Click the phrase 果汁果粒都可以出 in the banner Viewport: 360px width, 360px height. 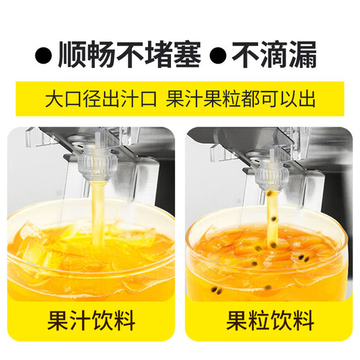240,98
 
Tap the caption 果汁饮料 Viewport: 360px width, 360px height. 91,321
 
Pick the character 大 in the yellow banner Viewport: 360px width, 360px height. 54,98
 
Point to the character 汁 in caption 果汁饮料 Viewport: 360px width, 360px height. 78,321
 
